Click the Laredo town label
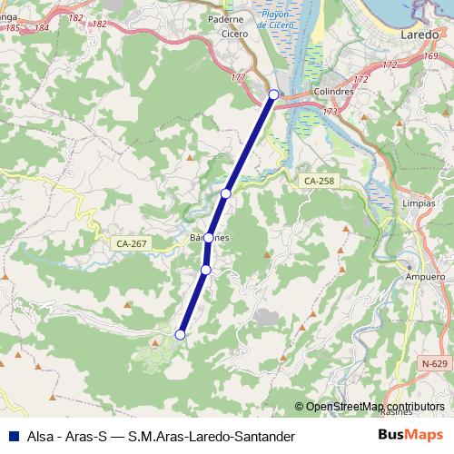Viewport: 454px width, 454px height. pyautogui.click(x=419, y=34)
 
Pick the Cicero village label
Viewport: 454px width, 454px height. pyautogui.click(x=234, y=34)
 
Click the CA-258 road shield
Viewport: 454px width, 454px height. pyautogui.click(x=319, y=182)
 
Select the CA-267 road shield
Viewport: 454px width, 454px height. pyautogui.click(x=132, y=243)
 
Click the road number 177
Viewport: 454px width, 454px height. pyautogui.click(x=238, y=77)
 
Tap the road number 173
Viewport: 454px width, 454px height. pyautogui.click(x=330, y=111)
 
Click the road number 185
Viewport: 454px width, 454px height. pyautogui.click(x=13, y=29)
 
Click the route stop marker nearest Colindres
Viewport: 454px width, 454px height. pyautogui.click(x=273, y=94)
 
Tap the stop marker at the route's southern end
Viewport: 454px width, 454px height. pyautogui.click(x=180, y=335)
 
